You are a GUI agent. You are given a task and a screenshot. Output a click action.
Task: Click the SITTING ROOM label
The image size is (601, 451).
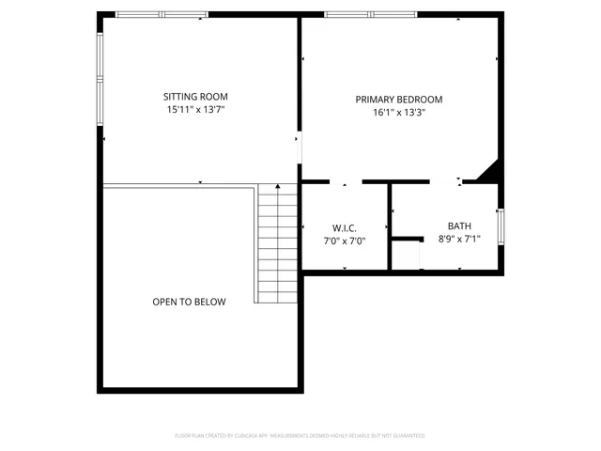[195, 96]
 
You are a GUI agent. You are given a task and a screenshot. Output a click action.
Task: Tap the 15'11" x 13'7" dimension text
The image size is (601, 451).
[195, 109]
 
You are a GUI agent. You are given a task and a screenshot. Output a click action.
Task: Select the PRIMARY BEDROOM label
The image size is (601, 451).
[398, 99]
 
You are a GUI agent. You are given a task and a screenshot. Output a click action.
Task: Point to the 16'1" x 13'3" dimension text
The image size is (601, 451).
[398, 112]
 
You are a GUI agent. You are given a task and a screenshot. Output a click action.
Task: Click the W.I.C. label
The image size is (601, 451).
[343, 228]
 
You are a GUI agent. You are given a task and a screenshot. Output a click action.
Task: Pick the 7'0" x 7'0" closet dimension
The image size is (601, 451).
[343, 241]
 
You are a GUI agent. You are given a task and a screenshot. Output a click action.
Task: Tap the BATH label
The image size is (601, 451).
[459, 225]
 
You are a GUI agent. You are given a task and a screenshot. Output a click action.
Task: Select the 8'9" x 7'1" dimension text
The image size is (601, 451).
[459, 239]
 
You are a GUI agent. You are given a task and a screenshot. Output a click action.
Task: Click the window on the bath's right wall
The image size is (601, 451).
[501, 227]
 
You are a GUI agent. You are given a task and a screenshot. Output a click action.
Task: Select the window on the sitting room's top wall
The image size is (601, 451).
[161, 15]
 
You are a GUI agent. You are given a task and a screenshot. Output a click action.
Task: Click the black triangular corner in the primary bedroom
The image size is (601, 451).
[489, 173]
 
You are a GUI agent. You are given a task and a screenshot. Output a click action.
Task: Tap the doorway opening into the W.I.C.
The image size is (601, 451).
[346, 181]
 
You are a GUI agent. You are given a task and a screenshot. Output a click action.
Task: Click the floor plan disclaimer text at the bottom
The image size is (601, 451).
[300, 436]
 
